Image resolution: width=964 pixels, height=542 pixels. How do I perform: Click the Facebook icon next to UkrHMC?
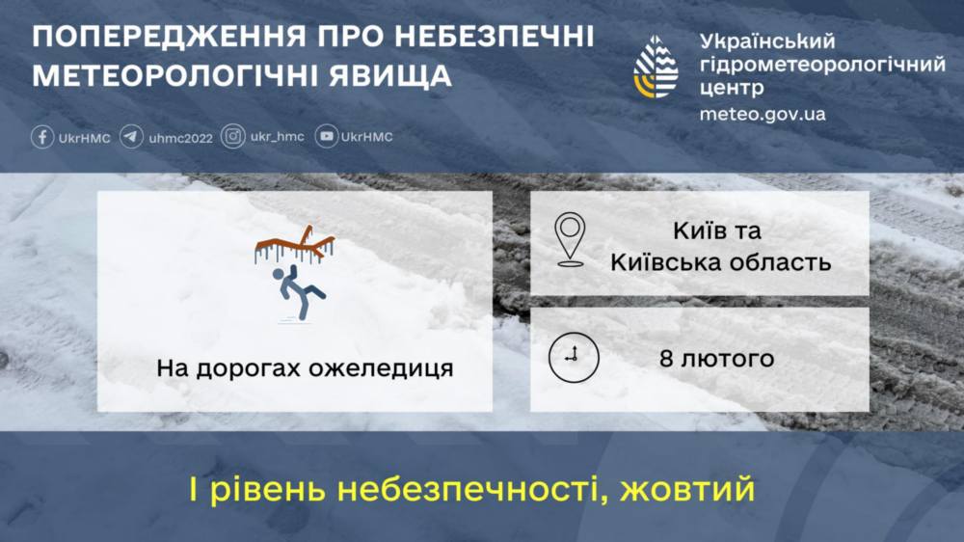click(42, 137)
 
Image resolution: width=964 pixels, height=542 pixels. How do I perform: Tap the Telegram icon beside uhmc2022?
click(132, 137)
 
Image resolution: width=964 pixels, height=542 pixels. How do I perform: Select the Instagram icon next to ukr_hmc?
click(232, 137)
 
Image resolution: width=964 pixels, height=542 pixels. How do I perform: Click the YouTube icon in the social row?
click(327, 137)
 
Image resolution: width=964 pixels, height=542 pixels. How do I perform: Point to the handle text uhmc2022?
click(180, 138)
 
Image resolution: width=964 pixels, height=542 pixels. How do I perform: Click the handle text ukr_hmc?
click(277, 137)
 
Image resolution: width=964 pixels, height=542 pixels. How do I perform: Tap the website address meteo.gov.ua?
click(762, 114)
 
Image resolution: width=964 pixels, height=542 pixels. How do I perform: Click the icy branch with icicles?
click(295, 245)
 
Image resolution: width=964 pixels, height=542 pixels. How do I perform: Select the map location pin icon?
click(570, 239)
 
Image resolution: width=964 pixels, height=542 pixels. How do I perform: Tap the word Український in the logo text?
click(767, 41)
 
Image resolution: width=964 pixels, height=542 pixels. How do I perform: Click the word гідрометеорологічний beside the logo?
click(822, 65)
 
